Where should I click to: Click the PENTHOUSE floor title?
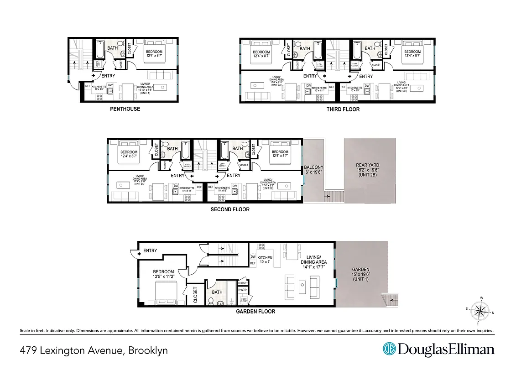(125, 109)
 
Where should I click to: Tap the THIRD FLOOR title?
(343, 109)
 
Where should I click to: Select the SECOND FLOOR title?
(230, 210)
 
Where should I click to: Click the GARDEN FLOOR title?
(255, 312)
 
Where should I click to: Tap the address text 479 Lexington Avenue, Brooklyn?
(94, 350)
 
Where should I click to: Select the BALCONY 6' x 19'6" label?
(313, 170)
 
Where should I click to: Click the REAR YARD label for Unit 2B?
(367, 170)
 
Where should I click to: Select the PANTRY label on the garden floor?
(243, 290)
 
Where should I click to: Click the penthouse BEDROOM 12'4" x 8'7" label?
(154, 55)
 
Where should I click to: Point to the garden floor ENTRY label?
(150, 250)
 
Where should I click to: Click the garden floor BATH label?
(217, 292)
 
